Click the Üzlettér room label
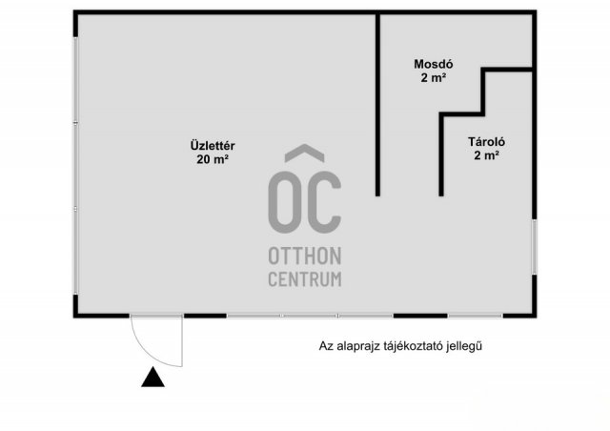coord(213,146)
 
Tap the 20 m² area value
coord(213,159)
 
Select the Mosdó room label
coord(434,64)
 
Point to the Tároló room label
coord(486,142)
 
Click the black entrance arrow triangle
coord(152,377)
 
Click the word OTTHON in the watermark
coord(305,257)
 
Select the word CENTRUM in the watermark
coord(305,279)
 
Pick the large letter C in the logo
coord(324,202)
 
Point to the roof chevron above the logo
coord(305,153)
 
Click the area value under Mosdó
coord(434,78)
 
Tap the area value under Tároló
coord(486,155)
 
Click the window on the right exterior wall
coord(535,247)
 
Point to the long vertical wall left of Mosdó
coord(377,105)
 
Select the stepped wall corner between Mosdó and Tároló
coord(483,114)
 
